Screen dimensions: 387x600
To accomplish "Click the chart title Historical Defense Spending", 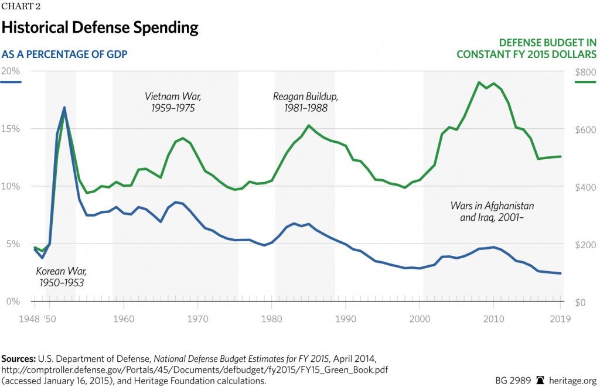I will click(100, 28).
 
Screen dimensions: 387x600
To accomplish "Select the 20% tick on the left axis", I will click(10, 71).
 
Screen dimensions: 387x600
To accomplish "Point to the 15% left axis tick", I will click(10, 129).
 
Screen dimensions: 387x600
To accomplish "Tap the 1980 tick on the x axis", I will click(271, 320).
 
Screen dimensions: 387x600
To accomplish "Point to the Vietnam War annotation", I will click(170, 102).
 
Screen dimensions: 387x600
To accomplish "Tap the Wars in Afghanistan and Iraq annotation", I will click(492, 212).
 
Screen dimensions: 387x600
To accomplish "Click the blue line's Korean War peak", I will click(64, 108).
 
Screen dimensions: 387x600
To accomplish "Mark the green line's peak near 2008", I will click(479, 83).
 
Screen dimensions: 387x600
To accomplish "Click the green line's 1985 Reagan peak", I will click(308, 125).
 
